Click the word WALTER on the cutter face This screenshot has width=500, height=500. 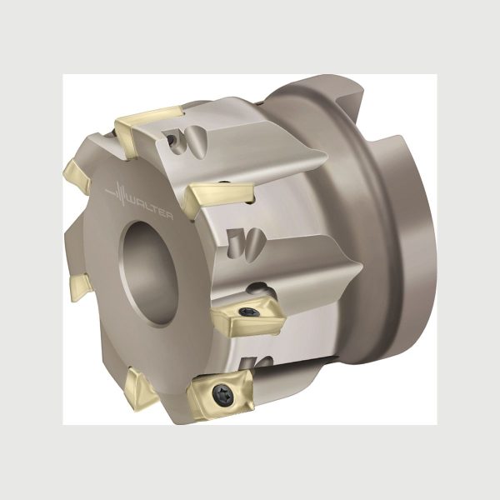click(x=150, y=207)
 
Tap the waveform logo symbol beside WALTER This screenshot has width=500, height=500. click(x=116, y=192)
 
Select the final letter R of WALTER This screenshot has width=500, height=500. click(x=169, y=216)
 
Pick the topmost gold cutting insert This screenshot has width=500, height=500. click(x=147, y=129)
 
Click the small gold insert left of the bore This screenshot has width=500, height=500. click(x=81, y=287)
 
